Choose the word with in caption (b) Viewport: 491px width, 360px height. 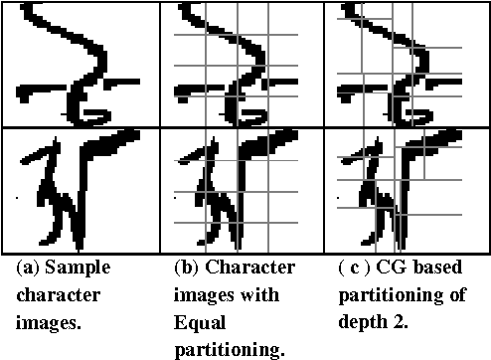(x=261, y=295)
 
